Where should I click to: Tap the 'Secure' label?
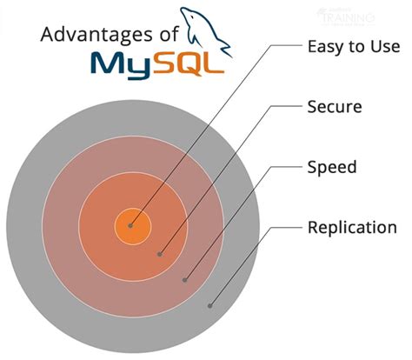tap(335, 108)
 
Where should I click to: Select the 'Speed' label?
tap(331, 166)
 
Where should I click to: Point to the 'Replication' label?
tap(352, 228)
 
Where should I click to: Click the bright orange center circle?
tap(133, 227)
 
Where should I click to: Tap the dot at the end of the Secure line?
tap(160, 254)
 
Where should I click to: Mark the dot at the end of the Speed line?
tap(185, 280)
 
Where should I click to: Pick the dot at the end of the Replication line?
tap(209, 305)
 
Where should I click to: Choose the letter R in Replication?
tap(313, 228)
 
